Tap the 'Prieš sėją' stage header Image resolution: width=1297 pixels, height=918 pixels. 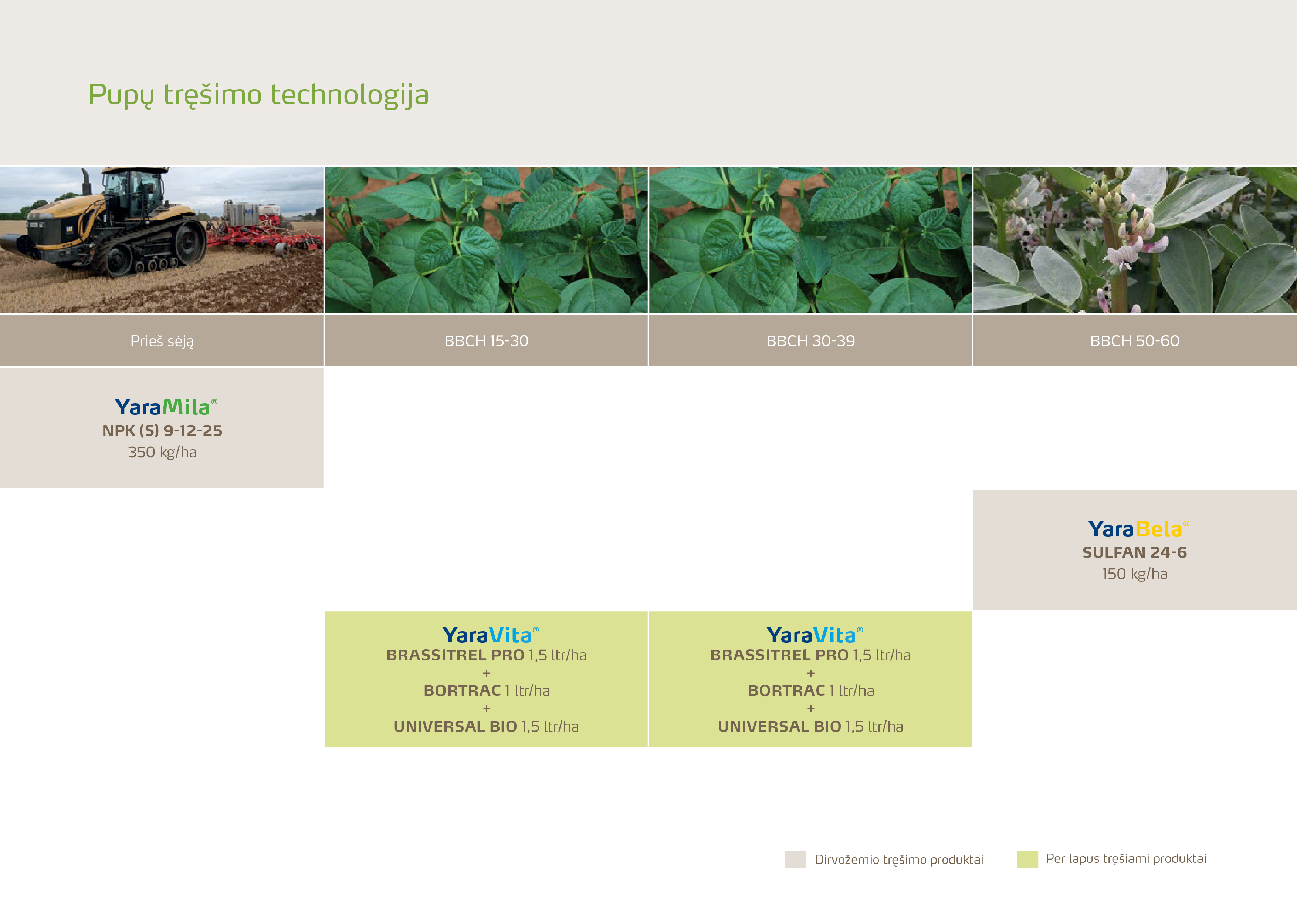162,341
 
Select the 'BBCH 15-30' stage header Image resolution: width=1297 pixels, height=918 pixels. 487,341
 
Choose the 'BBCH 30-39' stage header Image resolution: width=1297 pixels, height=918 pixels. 810,341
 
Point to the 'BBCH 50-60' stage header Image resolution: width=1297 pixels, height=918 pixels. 1135,341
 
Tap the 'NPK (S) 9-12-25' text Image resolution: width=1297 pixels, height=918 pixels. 162,431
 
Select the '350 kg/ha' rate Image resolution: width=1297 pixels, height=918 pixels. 162,452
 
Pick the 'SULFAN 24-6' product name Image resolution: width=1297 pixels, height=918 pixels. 1135,552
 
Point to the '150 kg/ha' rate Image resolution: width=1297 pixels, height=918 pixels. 1135,574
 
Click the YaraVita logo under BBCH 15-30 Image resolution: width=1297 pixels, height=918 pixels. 490,635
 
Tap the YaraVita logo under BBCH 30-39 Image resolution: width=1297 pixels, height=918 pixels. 815,635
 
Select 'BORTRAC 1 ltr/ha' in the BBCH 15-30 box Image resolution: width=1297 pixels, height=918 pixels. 487,691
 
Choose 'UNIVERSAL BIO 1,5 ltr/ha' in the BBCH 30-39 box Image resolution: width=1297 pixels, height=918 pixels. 810,726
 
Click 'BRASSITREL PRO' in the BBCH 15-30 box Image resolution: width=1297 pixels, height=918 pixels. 455,655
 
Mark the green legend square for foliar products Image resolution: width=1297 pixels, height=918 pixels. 1027,859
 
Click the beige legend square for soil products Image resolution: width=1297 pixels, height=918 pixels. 795,859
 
